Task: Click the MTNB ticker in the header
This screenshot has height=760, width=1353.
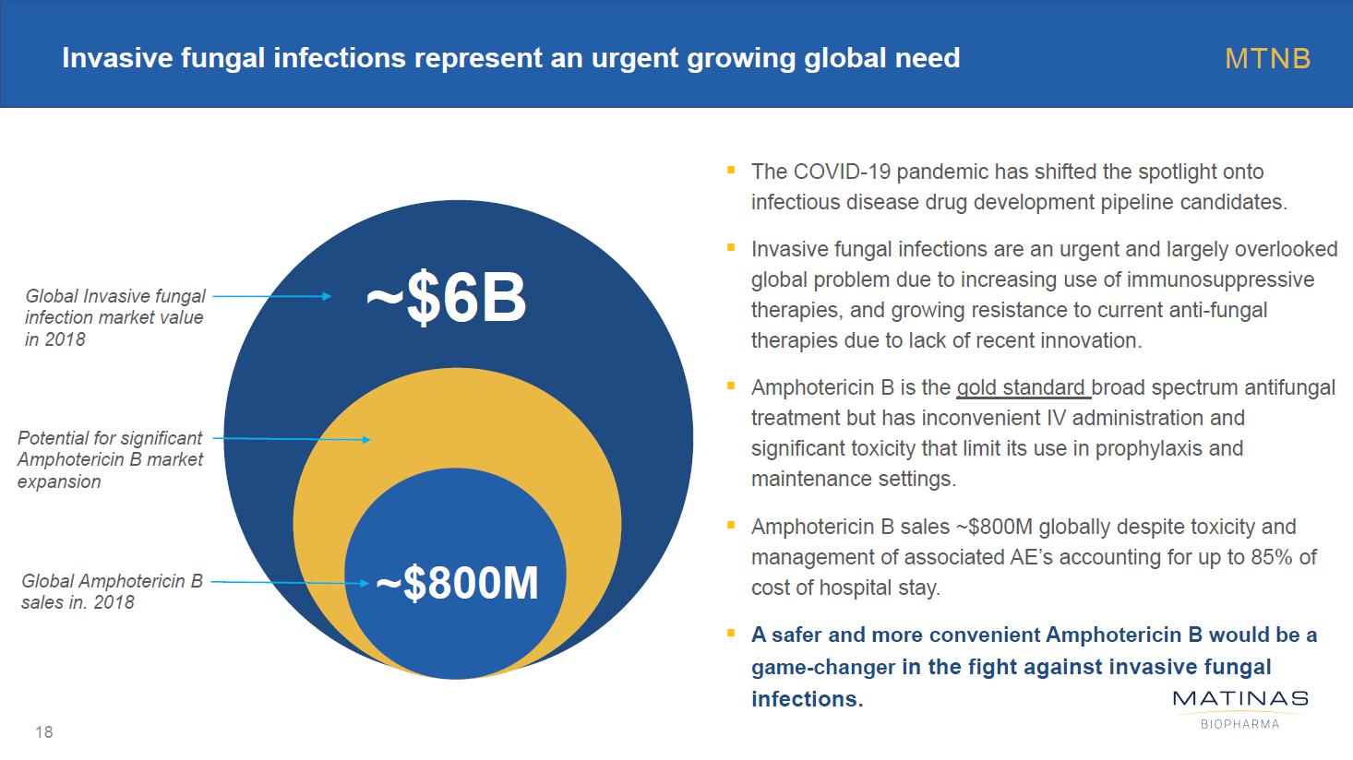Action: point(1267,59)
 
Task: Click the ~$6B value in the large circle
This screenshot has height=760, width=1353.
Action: point(446,300)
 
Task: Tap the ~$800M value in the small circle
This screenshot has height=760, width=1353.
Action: point(457,583)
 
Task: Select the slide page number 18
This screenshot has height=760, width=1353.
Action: point(43,732)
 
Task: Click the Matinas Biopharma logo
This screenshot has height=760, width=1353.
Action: point(1239,708)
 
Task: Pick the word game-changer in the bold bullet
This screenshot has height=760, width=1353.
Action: point(822,667)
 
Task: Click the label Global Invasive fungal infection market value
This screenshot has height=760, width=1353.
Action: point(114,317)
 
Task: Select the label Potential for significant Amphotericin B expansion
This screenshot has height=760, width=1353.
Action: point(110,459)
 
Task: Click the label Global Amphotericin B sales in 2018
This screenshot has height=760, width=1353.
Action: point(112,591)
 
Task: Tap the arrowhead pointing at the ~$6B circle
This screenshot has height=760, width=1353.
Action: point(327,296)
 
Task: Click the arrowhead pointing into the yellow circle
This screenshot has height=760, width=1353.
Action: point(365,440)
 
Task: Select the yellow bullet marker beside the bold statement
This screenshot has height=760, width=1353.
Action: point(731,634)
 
